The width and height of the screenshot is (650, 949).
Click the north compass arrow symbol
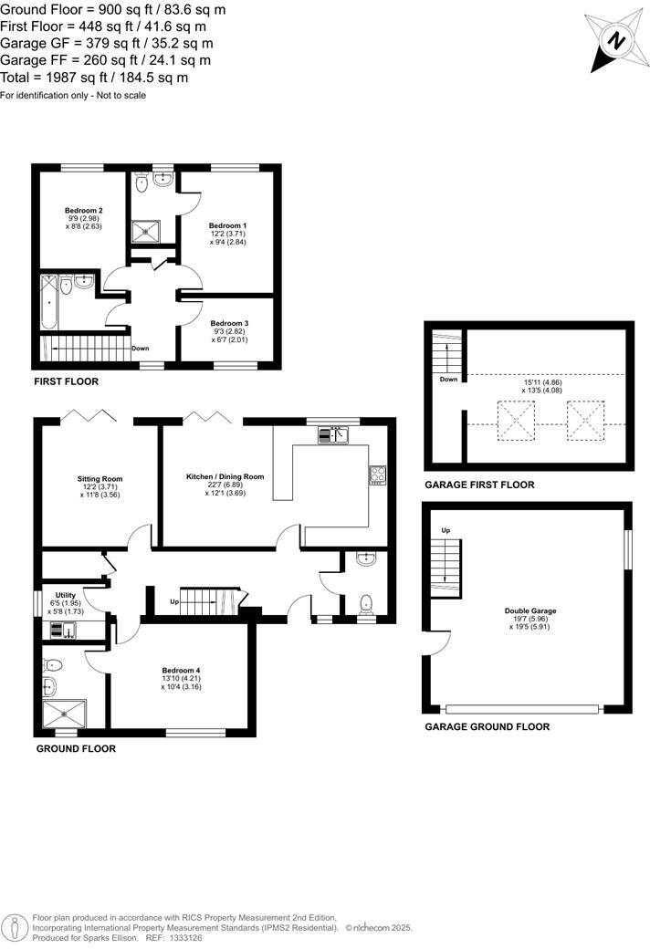615,42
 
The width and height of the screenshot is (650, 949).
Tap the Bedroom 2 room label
83,211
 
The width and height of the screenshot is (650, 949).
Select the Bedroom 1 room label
227,225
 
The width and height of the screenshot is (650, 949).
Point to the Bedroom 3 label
229,324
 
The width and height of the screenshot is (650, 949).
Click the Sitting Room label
100,478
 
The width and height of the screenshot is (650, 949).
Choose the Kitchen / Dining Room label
225,477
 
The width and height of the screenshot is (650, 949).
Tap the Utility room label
66,594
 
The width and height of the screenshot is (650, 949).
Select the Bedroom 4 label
181,671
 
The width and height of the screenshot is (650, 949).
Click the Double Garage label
530,611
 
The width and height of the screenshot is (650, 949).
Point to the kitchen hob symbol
377,474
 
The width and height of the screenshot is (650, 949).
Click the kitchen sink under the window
333,435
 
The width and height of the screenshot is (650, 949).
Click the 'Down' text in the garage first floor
448,380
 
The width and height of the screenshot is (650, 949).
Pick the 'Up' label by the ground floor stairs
174,603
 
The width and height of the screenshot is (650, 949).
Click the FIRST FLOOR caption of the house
65,381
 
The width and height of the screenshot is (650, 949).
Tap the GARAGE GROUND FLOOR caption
487,727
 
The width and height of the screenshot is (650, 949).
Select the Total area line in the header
94,78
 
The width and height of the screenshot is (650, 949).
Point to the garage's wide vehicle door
522,708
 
